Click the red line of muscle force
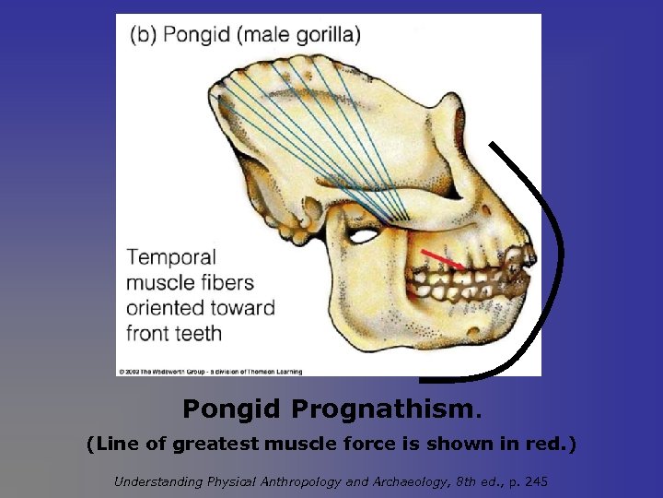pyautogui.click(x=443, y=257)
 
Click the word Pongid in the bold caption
pyautogui.click(x=233, y=407)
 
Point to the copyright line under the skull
pyautogui.click(x=210, y=371)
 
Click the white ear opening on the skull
pyautogui.click(x=365, y=236)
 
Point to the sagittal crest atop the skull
pyautogui.click(x=276, y=69)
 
